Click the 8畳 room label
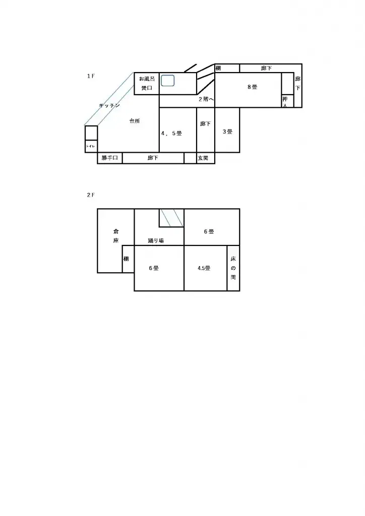point(253,87)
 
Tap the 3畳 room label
point(227,132)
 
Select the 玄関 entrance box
point(203,158)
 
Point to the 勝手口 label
point(109,158)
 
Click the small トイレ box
point(91,146)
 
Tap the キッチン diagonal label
point(109,105)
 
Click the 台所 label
point(135,121)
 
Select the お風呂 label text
point(147,79)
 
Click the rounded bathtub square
point(168,80)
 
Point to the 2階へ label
point(206,99)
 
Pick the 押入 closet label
point(285,102)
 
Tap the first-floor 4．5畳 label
point(171,134)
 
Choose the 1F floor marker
point(91,76)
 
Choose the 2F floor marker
point(91,195)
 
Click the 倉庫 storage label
point(115,236)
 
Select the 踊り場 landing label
point(156,241)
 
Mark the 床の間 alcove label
point(233,268)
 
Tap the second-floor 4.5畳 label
point(204,268)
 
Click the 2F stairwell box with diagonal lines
point(171,218)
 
